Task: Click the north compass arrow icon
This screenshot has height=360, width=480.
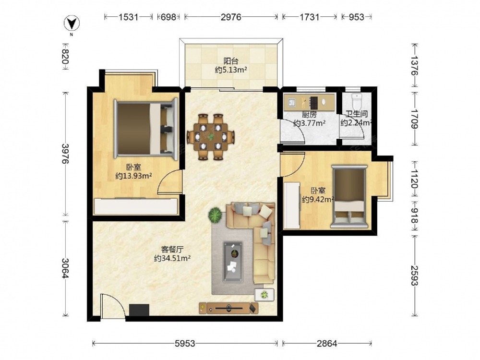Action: [x=72, y=23]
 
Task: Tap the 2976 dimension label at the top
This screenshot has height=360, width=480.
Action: [x=231, y=17]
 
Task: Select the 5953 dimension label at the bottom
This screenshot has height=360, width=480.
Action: [x=185, y=344]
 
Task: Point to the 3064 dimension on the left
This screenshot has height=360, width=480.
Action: [x=65, y=268]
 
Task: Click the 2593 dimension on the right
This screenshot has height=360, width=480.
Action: [x=414, y=275]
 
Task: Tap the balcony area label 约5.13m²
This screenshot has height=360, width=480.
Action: [x=231, y=70]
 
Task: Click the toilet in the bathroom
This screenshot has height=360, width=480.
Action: [x=357, y=101]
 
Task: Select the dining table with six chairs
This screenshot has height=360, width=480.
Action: [x=211, y=137]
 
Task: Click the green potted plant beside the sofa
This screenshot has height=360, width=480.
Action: [x=215, y=215]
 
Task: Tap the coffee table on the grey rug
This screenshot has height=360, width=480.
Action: [x=233, y=262]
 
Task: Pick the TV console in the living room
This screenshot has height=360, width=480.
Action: [x=228, y=308]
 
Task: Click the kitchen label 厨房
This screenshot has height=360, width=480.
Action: [x=309, y=115]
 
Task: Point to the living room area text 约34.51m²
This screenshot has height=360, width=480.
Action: [x=173, y=258]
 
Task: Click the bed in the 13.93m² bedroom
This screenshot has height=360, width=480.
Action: [x=146, y=129]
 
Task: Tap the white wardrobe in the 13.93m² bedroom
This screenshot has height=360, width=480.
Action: [x=136, y=206]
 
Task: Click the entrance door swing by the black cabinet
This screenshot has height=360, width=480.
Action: [x=113, y=306]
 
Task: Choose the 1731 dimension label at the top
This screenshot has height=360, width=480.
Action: [x=310, y=17]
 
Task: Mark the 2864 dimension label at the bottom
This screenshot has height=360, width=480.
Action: [x=327, y=344]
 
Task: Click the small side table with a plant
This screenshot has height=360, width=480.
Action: [x=264, y=295]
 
